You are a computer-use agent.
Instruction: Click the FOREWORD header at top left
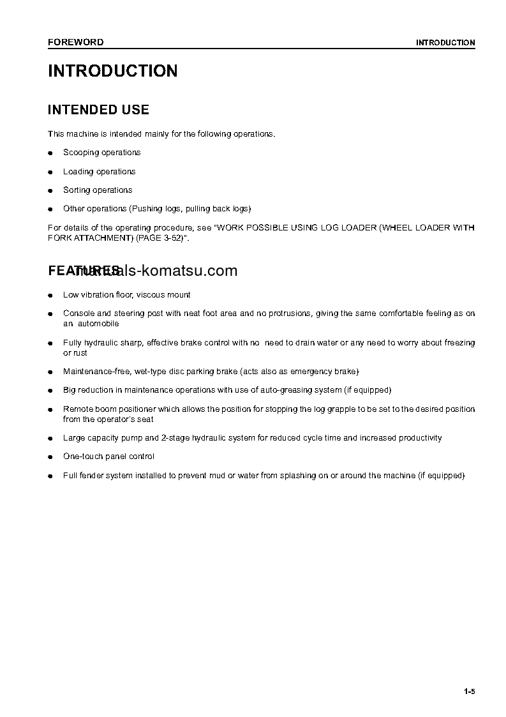[75, 43]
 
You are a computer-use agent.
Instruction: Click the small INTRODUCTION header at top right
[445, 43]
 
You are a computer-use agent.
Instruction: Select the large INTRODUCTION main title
[113, 71]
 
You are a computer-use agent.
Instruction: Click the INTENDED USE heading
[98, 110]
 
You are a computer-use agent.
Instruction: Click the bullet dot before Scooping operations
[50, 153]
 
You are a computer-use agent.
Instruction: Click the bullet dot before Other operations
[50, 209]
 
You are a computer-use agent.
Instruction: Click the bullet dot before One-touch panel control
[50, 457]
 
